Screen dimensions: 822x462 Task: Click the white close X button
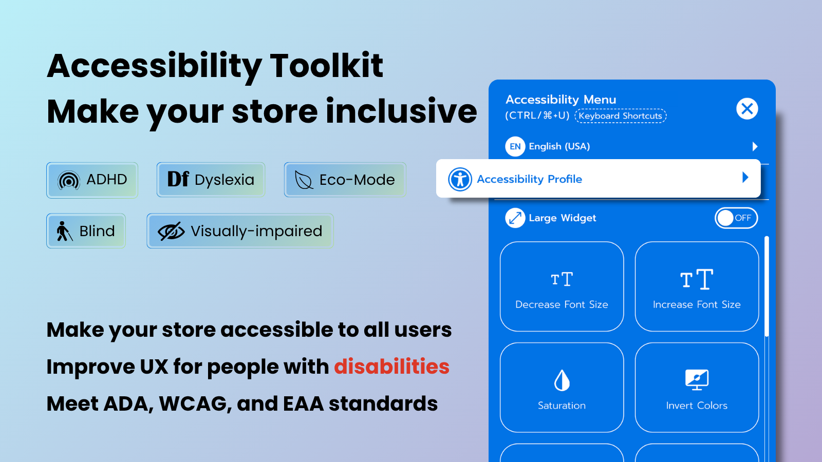pos(747,108)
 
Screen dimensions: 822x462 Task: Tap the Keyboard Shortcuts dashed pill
pos(620,116)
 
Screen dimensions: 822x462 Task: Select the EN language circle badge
pos(515,146)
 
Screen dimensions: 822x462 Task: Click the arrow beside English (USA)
pos(755,147)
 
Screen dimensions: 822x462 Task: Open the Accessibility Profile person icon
pos(460,179)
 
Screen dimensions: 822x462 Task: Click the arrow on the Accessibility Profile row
pos(745,178)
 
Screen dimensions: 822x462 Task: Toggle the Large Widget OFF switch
pos(736,218)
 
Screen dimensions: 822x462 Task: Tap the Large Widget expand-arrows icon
pos(515,218)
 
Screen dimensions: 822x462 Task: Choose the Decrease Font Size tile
pos(562,286)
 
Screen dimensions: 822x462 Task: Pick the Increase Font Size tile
pos(697,286)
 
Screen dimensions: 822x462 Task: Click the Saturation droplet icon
pos(562,380)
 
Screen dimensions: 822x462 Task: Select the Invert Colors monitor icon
pos(697,380)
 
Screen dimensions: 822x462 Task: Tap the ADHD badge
pos(92,180)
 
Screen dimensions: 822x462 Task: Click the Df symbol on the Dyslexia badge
pos(178,179)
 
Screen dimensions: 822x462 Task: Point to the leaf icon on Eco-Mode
pos(304,180)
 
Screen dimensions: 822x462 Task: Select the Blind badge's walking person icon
pos(64,231)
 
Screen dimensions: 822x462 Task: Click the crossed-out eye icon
pos(171,231)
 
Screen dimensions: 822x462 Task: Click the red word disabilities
pos(391,367)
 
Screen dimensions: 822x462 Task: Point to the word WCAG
pos(195,403)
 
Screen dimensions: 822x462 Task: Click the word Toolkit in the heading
pos(326,66)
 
